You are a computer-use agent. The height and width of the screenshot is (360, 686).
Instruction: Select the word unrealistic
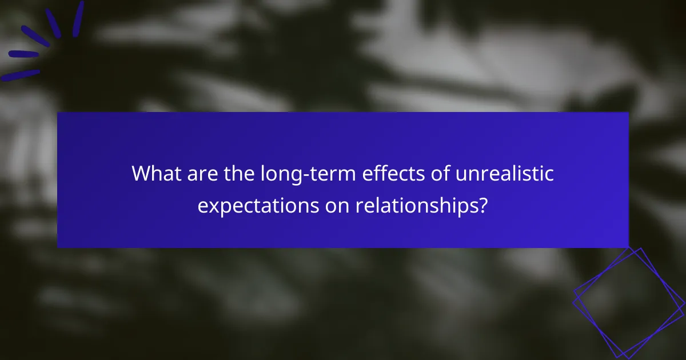pos(497,173)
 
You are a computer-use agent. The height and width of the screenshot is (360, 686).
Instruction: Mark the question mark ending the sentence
pos(483,205)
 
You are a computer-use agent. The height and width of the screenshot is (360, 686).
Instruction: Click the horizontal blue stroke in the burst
pos(23,54)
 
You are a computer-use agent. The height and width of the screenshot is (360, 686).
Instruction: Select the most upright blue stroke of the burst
pos(78,19)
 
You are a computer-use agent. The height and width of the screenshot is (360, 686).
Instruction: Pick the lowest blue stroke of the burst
pos(20,75)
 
